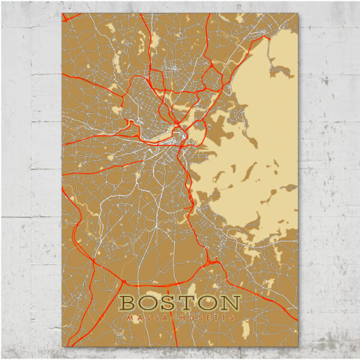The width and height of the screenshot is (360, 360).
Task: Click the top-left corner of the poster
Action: [x=62, y=13]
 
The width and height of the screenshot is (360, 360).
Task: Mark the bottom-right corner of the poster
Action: [x=297, y=347]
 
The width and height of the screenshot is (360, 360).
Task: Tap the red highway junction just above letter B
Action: [x=122, y=280]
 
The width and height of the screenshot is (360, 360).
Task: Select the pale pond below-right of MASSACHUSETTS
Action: [x=245, y=328]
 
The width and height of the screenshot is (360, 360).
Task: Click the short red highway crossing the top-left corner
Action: [x=68, y=19]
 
